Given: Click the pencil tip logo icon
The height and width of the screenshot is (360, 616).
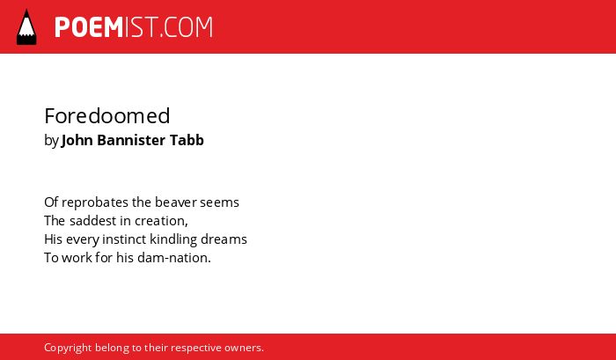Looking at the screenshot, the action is coord(26,27).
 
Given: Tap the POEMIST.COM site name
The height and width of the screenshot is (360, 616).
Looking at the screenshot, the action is coord(134,27).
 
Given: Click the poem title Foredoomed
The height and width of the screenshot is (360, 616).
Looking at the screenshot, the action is coord(106,116).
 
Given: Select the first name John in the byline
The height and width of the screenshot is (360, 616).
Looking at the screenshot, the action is coord(77,140).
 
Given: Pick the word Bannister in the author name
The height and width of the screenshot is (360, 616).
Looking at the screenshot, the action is coord(131,140).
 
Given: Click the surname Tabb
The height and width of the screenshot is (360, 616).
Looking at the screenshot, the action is coord(187,140).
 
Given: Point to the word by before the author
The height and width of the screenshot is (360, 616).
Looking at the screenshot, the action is coord(51,141).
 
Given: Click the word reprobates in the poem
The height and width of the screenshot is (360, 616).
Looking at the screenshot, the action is coord(95,202).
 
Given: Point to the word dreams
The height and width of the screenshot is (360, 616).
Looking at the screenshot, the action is coord(224,239).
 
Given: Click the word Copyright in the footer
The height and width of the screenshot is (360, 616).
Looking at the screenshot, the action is coord(68,349).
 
